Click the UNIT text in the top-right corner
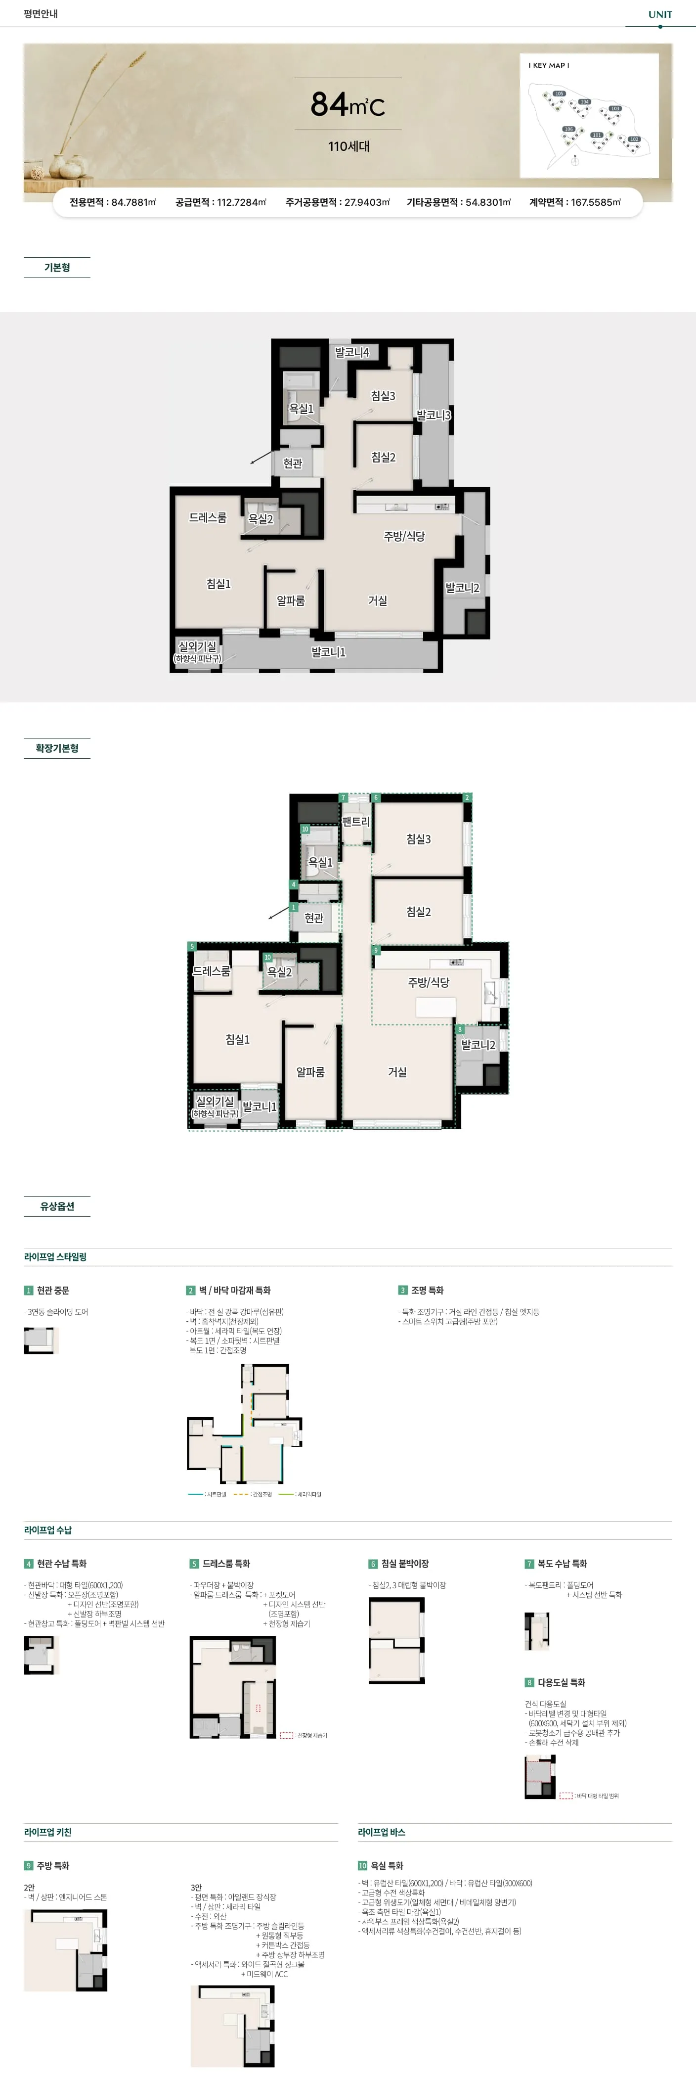point(660,14)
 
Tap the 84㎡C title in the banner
point(348,104)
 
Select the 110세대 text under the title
point(348,146)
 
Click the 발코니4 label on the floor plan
point(351,353)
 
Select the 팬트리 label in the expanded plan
point(355,822)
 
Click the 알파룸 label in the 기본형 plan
point(290,601)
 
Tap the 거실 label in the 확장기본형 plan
point(397,1072)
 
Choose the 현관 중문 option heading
point(52,1291)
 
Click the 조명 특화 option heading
point(427,1291)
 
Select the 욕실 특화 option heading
point(386,1866)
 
